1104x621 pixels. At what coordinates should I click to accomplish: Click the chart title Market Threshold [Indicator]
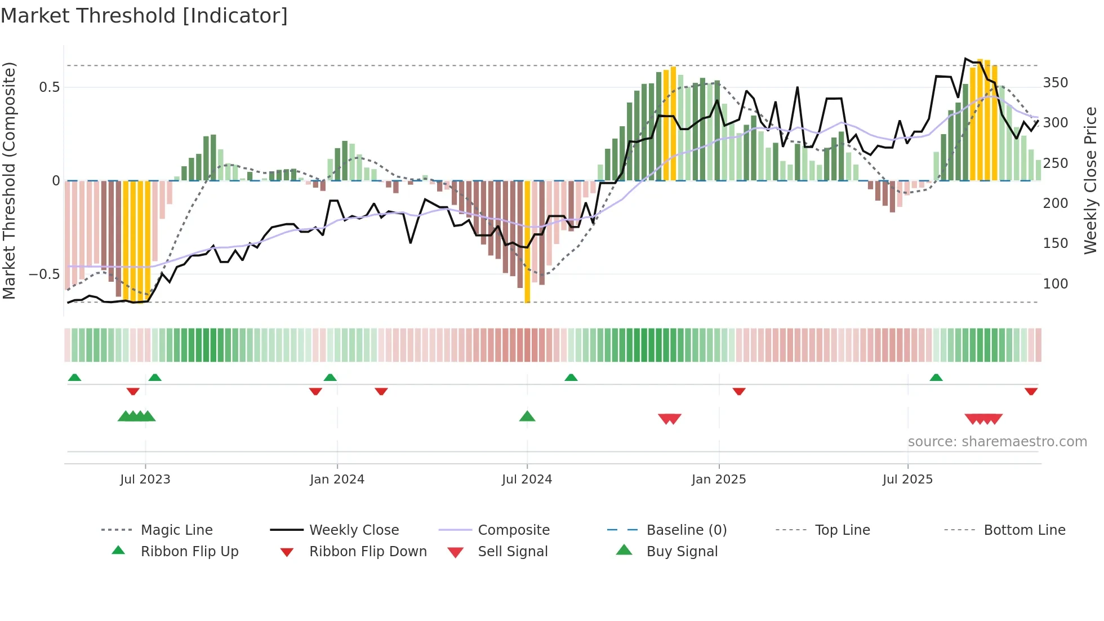(144, 16)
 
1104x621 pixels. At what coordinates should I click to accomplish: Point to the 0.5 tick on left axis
(49, 87)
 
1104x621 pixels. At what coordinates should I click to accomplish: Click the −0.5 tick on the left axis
(44, 274)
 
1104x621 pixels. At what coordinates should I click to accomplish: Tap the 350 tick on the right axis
(1055, 83)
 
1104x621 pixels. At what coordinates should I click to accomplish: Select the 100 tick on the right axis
(1055, 284)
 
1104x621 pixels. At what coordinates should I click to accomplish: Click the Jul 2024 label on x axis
(527, 480)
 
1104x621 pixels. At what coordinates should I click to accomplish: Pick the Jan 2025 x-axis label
(719, 480)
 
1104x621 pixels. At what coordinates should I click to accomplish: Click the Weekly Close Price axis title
(1090, 180)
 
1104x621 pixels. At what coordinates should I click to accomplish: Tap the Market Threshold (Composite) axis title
(9, 180)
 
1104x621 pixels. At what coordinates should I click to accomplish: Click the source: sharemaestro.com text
(997, 442)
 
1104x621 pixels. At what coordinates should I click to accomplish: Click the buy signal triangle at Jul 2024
(527, 416)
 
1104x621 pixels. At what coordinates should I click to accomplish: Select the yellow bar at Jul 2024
(527, 242)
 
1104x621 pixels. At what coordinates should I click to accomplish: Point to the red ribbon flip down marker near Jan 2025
(739, 391)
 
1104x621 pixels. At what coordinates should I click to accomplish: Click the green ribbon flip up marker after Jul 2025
(936, 378)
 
